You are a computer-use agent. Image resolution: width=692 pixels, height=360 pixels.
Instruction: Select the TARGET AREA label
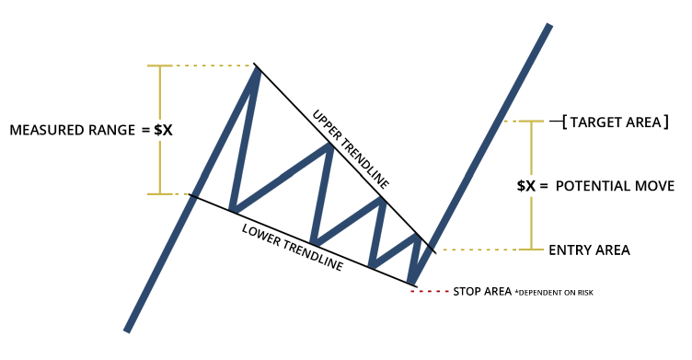615,122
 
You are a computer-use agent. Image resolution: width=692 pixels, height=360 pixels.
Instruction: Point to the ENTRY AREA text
589,250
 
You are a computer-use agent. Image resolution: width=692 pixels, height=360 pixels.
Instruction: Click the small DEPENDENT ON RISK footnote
554,293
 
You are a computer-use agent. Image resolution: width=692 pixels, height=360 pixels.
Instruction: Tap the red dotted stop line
429,291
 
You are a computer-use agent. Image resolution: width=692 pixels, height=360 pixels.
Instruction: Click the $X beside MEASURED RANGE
163,130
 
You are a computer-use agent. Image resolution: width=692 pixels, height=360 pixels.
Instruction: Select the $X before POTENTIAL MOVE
525,186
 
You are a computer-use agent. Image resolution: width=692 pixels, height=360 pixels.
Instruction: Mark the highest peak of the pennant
256,68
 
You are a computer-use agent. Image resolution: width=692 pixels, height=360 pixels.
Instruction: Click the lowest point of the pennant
411,281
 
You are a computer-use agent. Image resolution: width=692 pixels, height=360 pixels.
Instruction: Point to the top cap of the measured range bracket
160,65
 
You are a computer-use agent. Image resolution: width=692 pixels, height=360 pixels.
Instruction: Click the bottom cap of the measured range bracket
160,194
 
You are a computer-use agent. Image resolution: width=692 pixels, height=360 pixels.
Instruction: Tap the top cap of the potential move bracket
531,122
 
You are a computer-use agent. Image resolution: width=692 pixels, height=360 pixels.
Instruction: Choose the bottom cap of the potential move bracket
531,250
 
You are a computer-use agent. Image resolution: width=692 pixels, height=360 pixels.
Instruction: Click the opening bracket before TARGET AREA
564,122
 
